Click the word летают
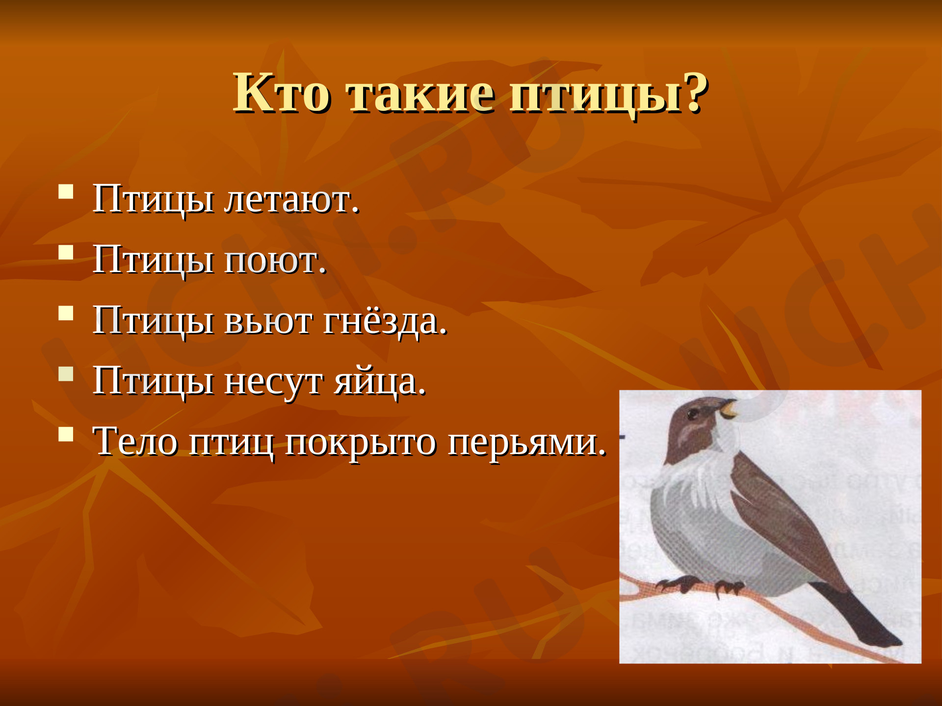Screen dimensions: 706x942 (x=291, y=200)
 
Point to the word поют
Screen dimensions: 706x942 (x=275, y=261)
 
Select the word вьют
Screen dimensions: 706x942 (x=268, y=322)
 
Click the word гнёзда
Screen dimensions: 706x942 (x=385, y=322)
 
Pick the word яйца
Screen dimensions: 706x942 (x=380, y=382)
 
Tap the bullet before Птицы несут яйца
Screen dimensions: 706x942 (x=66, y=374)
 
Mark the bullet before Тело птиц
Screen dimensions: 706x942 (x=66, y=434)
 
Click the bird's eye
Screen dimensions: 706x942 (x=693, y=414)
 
